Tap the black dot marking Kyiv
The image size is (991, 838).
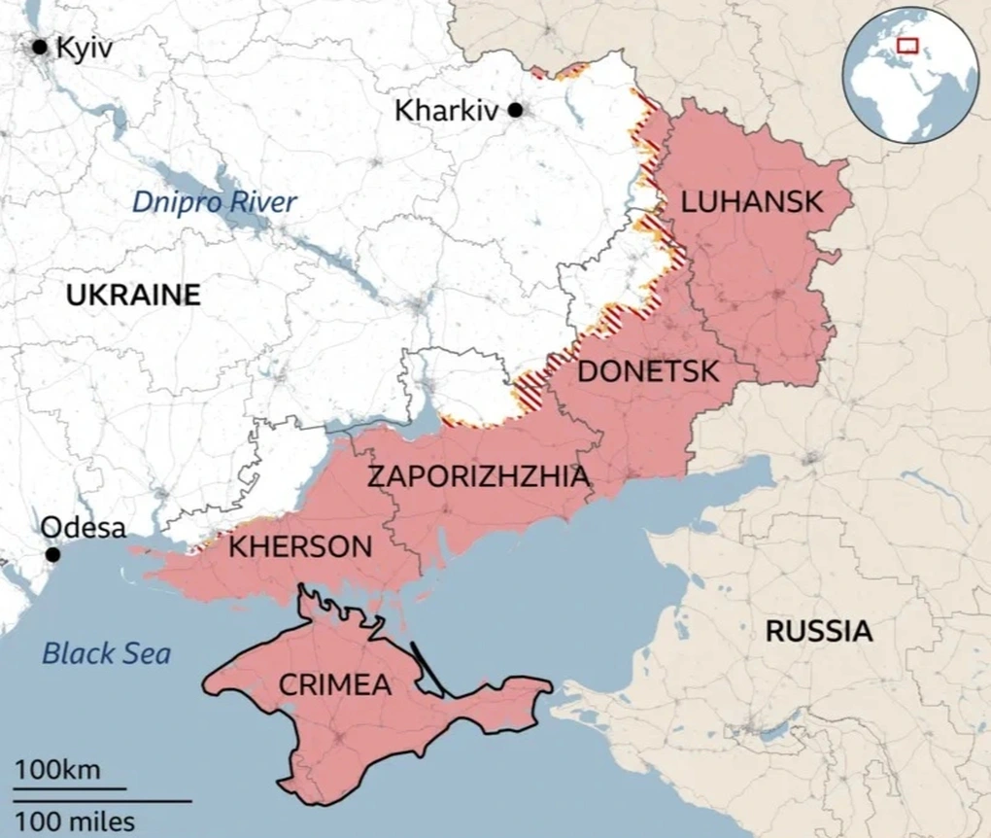click(x=41, y=47)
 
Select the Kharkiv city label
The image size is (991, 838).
click(x=446, y=111)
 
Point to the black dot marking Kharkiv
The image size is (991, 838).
click(x=516, y=111)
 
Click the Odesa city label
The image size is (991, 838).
click(x=83, y=528)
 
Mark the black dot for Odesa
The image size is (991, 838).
click(x=52, y=554)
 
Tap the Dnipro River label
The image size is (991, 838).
click(x=214, y=202)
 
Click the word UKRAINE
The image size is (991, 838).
click(x=133, y=295)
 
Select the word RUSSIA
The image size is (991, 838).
click(x=818, y=631)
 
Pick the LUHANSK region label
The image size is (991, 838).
click(x=752, y=202)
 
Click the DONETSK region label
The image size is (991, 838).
click(x=648, y=371)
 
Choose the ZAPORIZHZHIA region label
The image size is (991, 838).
click(x=477, y=477)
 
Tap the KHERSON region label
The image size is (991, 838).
click(x=299, y=546)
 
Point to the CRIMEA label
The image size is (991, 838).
click(x=335, y=685)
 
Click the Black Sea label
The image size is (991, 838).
click(x=106, y=652)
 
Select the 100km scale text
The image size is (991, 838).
click(x=56, y=771)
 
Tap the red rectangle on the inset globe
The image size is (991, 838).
click(x=907, y=44)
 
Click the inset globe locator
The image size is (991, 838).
click(x=911, y=75)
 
